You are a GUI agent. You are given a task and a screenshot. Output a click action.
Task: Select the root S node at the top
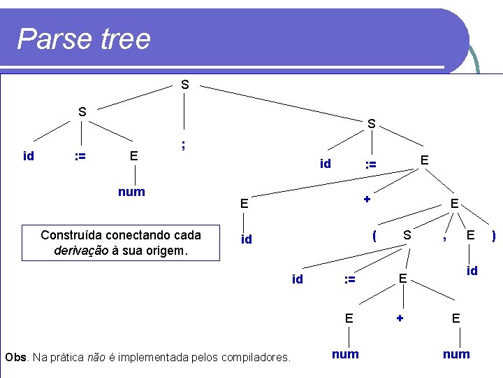(184, 85)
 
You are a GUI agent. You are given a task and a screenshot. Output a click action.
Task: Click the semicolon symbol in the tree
(183, 144)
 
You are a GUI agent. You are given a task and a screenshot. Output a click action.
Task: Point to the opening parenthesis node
(374, 236)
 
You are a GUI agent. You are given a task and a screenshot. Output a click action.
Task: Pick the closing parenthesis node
(494, 236)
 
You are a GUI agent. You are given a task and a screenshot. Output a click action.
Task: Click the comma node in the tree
(444, 239)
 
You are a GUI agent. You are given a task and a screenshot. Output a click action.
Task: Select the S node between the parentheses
(407, 236)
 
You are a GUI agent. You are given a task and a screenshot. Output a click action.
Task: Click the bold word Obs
(15, 358)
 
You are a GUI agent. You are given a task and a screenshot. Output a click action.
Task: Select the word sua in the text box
(135, 250)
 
